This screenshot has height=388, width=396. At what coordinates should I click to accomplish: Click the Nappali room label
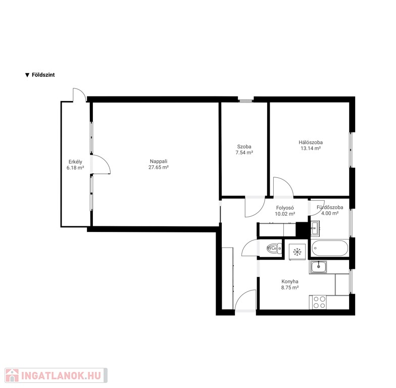point(159,161)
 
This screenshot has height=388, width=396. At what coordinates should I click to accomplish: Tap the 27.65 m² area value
point(159,167)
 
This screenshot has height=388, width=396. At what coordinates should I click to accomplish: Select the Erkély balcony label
point(75,162)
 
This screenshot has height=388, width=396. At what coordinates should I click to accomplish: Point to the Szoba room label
point(244,147)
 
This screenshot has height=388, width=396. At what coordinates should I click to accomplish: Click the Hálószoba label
point(311,142)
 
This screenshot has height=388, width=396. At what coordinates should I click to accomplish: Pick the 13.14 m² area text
point(311,149)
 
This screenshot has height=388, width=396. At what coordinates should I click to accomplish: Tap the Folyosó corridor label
point(285,208)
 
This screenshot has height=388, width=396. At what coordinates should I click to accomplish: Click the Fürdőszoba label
point(330,207)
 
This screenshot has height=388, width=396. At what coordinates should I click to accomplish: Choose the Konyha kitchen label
point(290,281)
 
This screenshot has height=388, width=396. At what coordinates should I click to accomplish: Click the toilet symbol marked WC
point(274,249)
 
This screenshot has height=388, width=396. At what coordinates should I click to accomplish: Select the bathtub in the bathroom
point(329,248)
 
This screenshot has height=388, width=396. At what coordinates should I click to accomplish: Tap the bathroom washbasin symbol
point(315,228)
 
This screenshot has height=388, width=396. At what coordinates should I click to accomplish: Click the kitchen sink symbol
point(318,267)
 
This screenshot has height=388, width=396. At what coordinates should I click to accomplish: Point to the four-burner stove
point(319,302)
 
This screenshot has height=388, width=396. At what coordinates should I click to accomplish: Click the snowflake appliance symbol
point(297,252)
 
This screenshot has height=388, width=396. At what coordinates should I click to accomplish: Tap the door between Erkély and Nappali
point(101,165)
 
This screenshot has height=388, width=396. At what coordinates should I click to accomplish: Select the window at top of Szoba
point(245,101)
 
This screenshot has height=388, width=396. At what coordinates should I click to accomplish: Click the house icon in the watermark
point(12,375)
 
